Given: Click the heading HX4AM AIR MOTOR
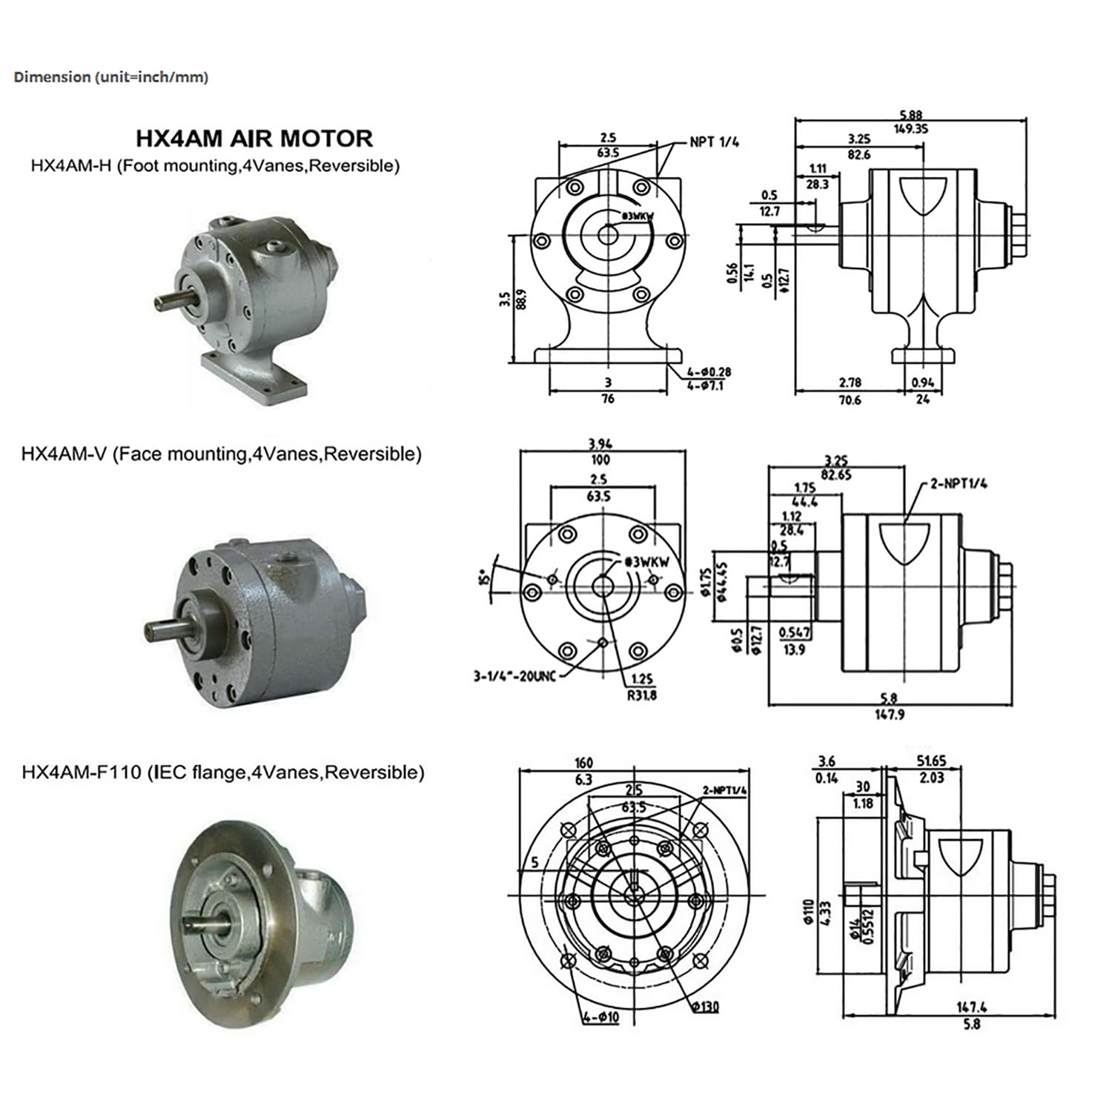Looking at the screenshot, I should click(x=254, y=139).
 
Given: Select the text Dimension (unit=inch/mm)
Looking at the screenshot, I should click(x=111, y=77).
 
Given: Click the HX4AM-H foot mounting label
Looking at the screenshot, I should click(x=215, y=165).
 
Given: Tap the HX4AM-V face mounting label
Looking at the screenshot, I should click(x=221, y=454).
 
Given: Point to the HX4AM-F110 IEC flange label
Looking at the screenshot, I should click(x=222, y=772).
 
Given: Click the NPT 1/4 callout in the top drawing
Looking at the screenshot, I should click(x=714, y=142).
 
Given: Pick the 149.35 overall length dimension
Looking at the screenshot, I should click(x=911, y=129).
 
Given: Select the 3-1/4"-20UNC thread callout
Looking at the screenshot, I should click(x=514, y=676).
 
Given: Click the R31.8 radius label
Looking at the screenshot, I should click(x=641, y=695).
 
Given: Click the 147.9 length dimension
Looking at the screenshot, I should click(x=889, y=715).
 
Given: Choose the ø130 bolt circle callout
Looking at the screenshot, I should click(x=705, y=1006).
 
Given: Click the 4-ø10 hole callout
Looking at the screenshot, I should click(x=600, y=1018).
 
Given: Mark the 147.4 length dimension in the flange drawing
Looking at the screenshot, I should click(x=971, y=1007).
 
